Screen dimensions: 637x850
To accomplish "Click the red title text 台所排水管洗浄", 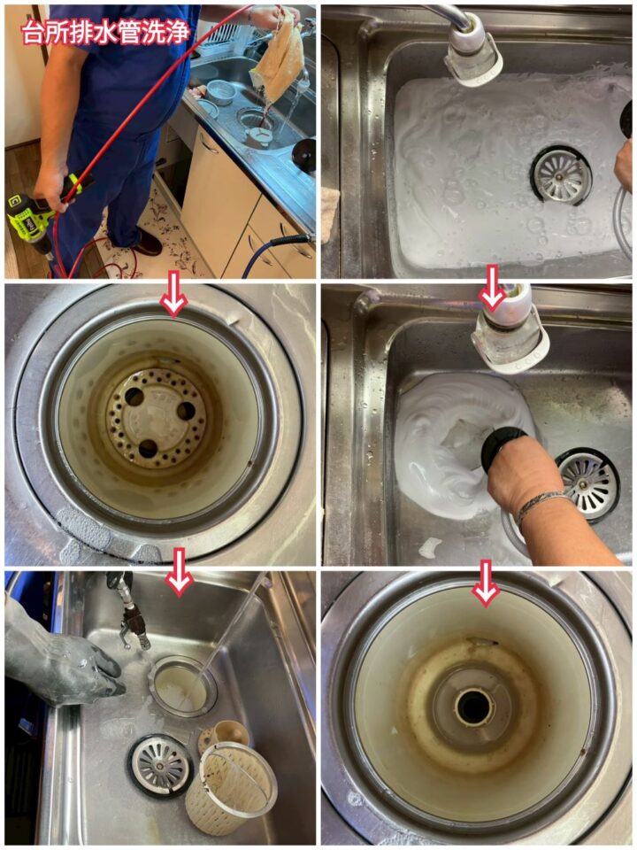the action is coord(106,32).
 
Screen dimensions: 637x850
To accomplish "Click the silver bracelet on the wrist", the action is coord(539,506).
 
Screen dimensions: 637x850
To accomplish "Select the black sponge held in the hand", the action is coord(503,445).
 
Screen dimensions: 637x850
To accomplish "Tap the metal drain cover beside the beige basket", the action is coord(160,765).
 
